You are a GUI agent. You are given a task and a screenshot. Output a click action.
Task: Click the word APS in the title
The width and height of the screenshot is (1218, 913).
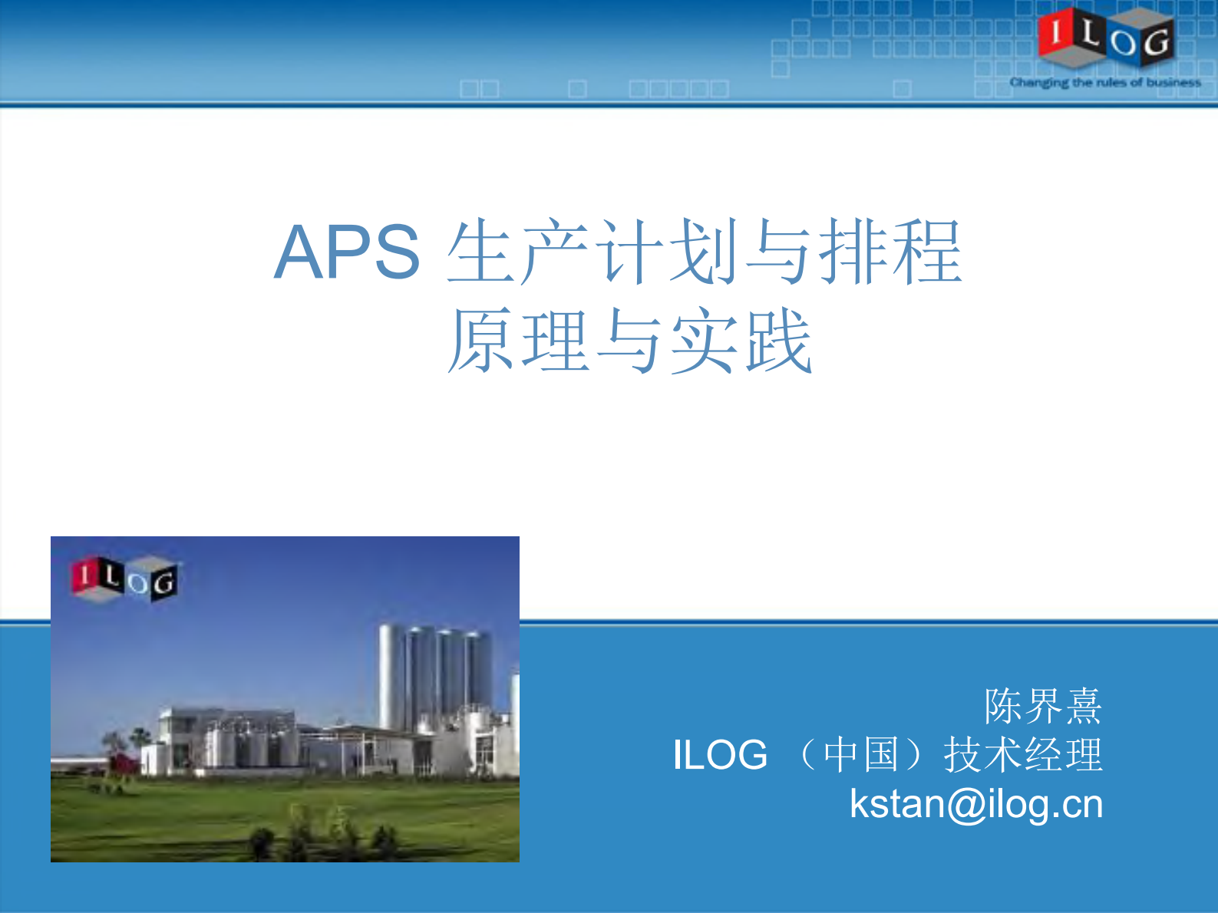347,252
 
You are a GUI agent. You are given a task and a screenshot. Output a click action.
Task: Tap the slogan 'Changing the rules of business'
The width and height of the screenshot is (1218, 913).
1105,82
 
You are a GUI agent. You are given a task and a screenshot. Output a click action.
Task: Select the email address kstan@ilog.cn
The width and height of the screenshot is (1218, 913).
976,804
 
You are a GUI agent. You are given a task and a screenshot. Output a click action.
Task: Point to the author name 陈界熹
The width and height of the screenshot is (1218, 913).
1043,706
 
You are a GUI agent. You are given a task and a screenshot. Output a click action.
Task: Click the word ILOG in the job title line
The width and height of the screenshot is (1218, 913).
720,755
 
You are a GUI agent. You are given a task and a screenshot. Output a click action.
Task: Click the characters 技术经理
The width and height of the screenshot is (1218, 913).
1023,755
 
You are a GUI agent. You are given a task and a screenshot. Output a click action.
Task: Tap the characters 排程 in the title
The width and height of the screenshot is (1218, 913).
890,252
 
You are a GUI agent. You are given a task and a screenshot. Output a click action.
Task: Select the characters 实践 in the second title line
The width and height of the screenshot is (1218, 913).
741,341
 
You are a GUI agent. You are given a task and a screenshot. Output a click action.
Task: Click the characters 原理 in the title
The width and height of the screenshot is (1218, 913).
519,341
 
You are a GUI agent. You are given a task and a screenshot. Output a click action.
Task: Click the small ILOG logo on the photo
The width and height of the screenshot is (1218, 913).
125,579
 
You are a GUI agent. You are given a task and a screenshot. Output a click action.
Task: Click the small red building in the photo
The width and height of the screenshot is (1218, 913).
123,764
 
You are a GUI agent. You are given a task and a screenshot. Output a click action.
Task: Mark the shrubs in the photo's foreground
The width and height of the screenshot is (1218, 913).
322,836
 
